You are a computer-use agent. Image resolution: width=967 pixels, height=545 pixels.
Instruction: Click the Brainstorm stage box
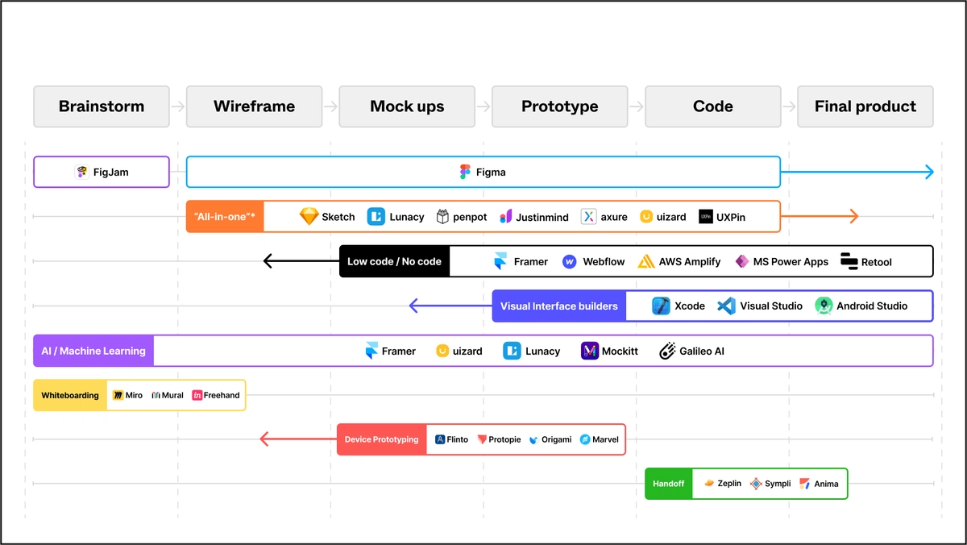tap(102, 106)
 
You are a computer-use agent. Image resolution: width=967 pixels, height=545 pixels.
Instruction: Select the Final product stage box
tap(865, 106)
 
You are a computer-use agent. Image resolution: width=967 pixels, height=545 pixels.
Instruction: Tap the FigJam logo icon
tap(81, 172)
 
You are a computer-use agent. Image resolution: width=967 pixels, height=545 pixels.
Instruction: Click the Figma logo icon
tap(465, 172)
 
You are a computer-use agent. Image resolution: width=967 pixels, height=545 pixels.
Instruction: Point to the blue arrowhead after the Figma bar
tap(929, 172)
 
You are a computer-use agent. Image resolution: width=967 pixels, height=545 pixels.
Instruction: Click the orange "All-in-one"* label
tap(225, 217)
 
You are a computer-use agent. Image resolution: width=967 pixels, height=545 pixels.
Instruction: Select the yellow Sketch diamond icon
tap(309, 216)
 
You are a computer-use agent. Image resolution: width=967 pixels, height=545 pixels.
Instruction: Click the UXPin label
tap(731, 217)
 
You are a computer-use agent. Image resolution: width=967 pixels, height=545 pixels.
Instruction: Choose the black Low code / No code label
tap(394, 261)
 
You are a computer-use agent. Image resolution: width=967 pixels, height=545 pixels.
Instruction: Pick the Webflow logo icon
tap(570, 261)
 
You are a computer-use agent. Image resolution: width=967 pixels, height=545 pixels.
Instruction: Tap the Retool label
tap(876, 261)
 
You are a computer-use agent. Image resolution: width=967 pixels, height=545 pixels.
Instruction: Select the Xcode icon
tap(661, 306)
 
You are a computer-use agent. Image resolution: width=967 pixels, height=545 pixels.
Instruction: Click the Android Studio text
tap(872, 306)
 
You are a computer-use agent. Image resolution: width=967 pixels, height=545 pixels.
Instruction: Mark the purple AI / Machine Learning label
tap(93, 351)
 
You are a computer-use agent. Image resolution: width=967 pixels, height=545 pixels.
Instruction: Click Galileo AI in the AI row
tap(702, 351)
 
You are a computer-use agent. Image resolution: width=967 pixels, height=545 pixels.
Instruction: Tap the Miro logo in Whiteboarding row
tap(118, 395)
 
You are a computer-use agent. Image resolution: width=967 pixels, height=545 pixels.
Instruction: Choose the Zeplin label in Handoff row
tap(729, 484)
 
